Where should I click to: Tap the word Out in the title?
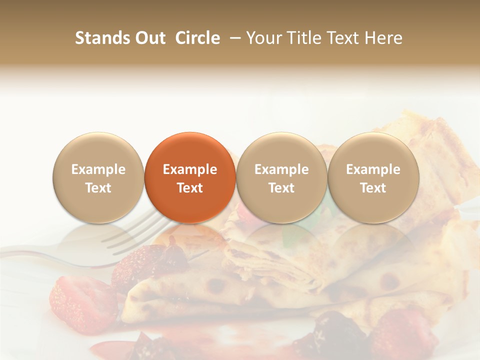click(x=149, y=38)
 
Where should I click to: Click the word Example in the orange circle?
click(x=190, y=169)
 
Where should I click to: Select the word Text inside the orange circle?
click(x=190, y=188)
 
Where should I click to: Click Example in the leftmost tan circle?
click(x=98, y=169)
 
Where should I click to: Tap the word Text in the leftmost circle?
click(x=98, y=188)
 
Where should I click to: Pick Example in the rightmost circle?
click(x=373, y=169)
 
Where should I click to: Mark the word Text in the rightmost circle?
click(x=373, y=188)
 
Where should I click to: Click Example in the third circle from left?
click(x=281, y=169)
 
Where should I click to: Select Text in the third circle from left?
click(x=281, y=188)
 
